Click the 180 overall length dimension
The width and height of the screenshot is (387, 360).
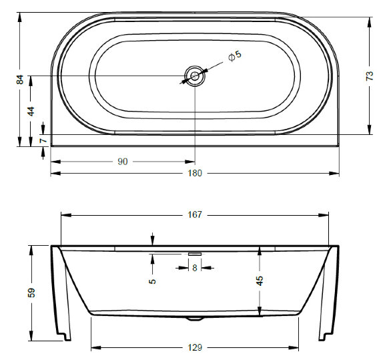[195, 173]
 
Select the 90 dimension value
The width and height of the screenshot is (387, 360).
[123, 162]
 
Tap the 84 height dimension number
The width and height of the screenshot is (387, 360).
[20, 79]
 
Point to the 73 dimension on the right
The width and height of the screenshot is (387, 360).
[370, 76]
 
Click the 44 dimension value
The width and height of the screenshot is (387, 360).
[31, 112]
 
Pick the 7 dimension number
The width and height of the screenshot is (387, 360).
[43, 140]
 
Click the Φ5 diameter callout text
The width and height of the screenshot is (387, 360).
[235, 56]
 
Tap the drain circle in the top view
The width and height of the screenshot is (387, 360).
[195, 76]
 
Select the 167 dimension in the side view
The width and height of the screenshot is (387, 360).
[195, 214]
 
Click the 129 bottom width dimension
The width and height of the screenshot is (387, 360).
[195, 348]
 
